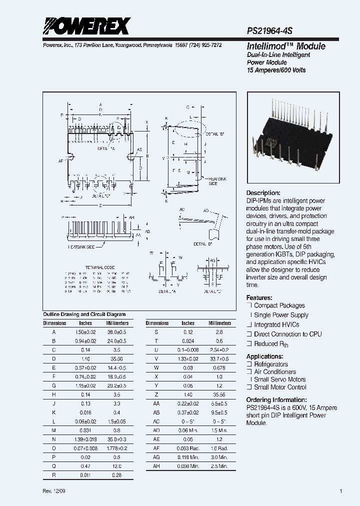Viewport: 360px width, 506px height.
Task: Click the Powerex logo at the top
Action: (86, 26)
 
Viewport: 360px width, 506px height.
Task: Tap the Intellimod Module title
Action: (286, 46)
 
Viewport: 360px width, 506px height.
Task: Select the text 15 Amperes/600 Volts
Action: (276, 70)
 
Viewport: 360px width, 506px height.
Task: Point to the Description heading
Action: (263, 193)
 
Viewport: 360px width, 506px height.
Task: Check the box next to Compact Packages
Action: (249, 305)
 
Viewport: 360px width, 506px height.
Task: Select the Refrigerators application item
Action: (271, 364)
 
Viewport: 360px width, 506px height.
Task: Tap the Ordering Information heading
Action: (276, 400)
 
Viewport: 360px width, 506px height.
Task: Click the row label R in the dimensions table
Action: (54, 475)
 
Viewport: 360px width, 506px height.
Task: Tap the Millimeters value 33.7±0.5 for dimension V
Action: (219, 359)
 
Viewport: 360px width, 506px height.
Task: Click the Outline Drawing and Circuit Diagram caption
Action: (84, 314)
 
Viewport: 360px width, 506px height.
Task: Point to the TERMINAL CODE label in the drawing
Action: (100, 268)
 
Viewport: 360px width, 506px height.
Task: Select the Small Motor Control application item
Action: (280, 387)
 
